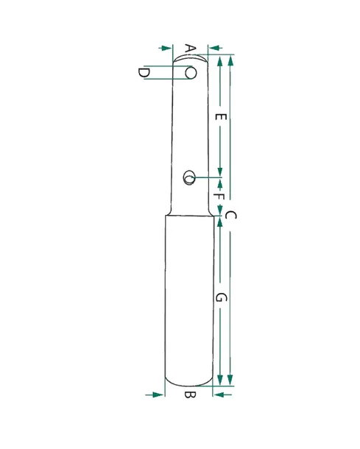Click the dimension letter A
point(190,49)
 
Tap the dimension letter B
point(190,395)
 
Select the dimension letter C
point(230,216)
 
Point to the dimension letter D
point(144,73)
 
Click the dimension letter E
point(221,117)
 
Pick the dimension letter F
point(219,197)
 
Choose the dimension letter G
point(221,297)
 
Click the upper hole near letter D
point(191,73)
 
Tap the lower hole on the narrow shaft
point(189,177)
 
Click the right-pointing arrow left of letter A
point(165,48)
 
